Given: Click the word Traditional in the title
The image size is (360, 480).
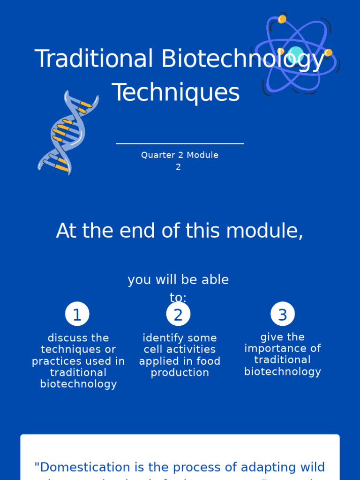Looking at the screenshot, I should [x=94, y=60].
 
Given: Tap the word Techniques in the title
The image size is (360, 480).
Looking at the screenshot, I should [x=176, y=92].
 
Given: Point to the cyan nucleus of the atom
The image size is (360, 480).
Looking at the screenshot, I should [x=295, y=54].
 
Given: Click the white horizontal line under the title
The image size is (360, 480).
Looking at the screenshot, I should [x=180, y=143].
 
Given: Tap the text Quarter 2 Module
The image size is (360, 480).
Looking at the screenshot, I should [x=180, y=155].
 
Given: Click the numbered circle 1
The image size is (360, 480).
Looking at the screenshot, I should [x=77, y=314].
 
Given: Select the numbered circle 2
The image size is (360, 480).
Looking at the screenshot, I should [x=178, y=314].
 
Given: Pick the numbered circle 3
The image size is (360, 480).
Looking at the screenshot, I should [x=283, y=314].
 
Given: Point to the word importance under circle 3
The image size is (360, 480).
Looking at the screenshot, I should [x=283, y=348].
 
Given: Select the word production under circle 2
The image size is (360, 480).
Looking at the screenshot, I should [x=180, y=373].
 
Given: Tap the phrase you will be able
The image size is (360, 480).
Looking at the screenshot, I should [x=178, y=280].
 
